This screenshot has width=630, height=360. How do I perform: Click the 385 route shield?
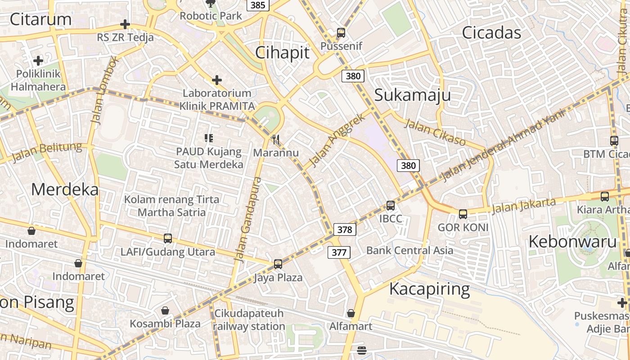click(258, 5)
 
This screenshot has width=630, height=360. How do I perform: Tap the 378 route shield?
click(345, 229)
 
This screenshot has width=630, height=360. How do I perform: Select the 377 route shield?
click(339, 252)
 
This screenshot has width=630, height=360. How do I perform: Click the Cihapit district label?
click(283, 53)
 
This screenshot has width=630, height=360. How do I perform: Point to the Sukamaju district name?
click(413, 95)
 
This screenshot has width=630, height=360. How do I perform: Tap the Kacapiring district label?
click(429, 289)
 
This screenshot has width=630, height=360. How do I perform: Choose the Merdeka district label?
click(65, 189)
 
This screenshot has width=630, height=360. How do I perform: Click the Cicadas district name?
click(491, 33)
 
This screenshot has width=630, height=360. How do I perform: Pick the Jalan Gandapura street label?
click(248, 219)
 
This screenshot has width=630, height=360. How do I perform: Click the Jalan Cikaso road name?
click(435, 132)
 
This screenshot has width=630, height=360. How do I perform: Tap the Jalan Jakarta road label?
click(523, 206)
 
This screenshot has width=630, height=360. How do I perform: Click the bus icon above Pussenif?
click(341, 33)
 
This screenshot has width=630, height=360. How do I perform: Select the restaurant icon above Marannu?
click(276, 139)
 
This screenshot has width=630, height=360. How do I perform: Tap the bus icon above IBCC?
click(391, 206)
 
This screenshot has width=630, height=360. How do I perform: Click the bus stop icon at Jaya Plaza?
click(278, 264)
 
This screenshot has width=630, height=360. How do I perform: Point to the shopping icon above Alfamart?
click(351, 313)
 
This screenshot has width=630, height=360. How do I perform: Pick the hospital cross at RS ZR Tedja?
click(125, 24)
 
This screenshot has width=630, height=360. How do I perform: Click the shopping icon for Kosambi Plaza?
click(165, 310)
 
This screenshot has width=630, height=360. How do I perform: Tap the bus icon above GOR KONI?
click(463, 214)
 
